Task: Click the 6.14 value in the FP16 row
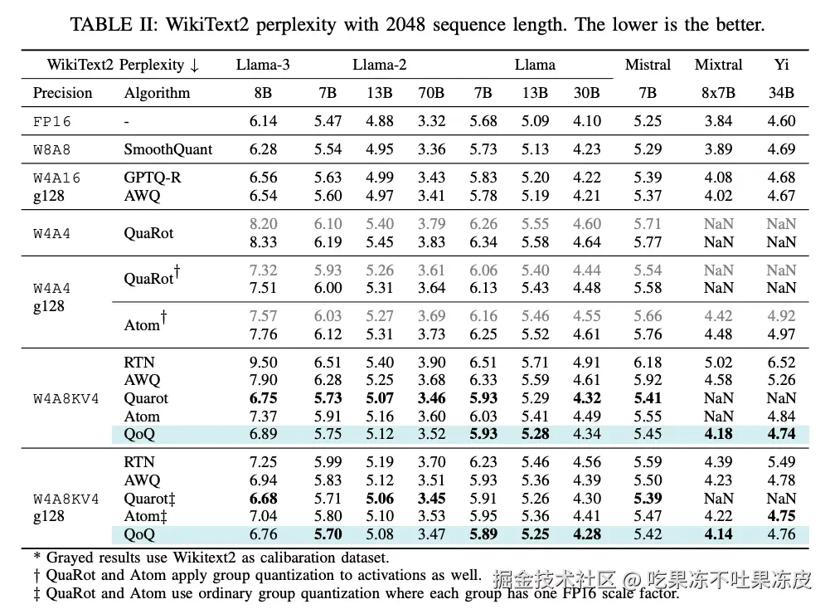(x=263, y=121)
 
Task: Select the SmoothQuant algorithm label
(x=167, y=149)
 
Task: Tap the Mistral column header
(x=648, y=64)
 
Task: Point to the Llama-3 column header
(x=263, y=64)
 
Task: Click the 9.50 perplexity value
(x=263, y=363)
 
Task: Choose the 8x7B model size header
(x=718, y=93)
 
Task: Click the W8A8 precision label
(x=52, y=149)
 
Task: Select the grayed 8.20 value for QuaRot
(x=263, y=224)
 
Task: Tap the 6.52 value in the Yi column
(x=781, y=363)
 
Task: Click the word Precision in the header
(x=62, y=93)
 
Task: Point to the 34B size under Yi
(x=781, y=93)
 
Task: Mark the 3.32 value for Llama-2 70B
(x=431, y=121)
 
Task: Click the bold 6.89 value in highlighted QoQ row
(x=263, y=434)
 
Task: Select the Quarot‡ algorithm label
(x=150, y=499)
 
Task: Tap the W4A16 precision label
(x=57, y=178)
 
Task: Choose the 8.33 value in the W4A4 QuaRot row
(x=263, y=242)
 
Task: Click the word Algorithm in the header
(x=157, y=93)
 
